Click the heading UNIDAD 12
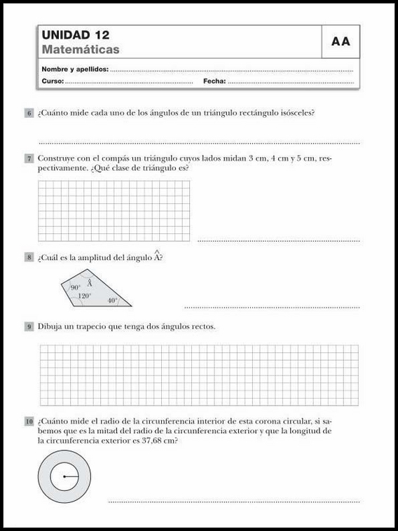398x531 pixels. click(x=75, y=35)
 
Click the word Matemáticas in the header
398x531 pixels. click(x=81, y=50)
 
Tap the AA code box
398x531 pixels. click(x=341, y=42)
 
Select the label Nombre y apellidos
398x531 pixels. click(x=75, y=69)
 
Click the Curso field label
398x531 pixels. click(x=53, y=82)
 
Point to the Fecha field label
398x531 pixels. click(x=214, y=82)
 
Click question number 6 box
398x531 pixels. click(x=29, y=113)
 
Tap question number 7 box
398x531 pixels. click(x=29, y=159)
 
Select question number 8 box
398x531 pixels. click(x=29, y=258)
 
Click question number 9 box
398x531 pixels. click(x=29, y=326)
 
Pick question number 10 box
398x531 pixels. click(x=29, y=421)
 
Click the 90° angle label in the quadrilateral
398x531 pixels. click(x=75, y=288)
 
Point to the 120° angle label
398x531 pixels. click(x=84, y=296)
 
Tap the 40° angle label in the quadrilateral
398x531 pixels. click(x=112, y=301)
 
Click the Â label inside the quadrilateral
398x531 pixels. click(x=90, y=284)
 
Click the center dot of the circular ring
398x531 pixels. click(x=64, y=477)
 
